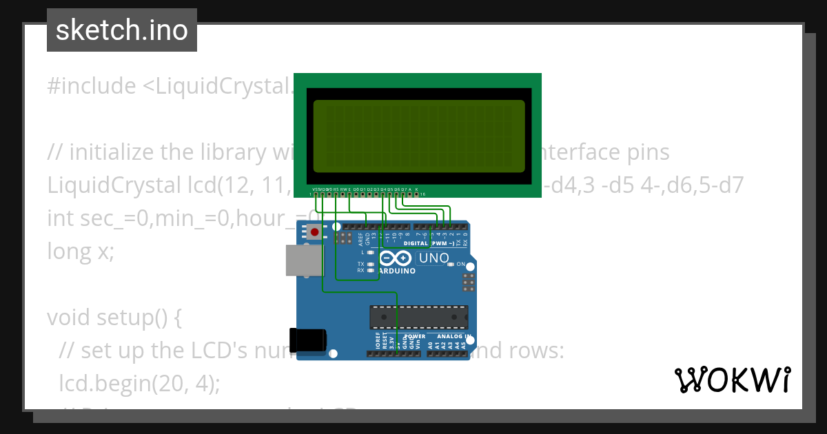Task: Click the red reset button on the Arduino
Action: pos(315,233)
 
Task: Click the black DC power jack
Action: pos(307,340)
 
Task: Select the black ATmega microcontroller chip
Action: pos(419,317)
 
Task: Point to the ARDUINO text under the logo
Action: pos(396,271)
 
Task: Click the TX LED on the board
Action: pos(371,264)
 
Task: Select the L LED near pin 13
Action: pos(371,252)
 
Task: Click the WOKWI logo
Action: pos(732,380)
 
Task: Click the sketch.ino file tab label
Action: pos(122,30)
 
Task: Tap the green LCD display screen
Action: pos(418,136)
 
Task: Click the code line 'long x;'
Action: pos(80,251)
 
